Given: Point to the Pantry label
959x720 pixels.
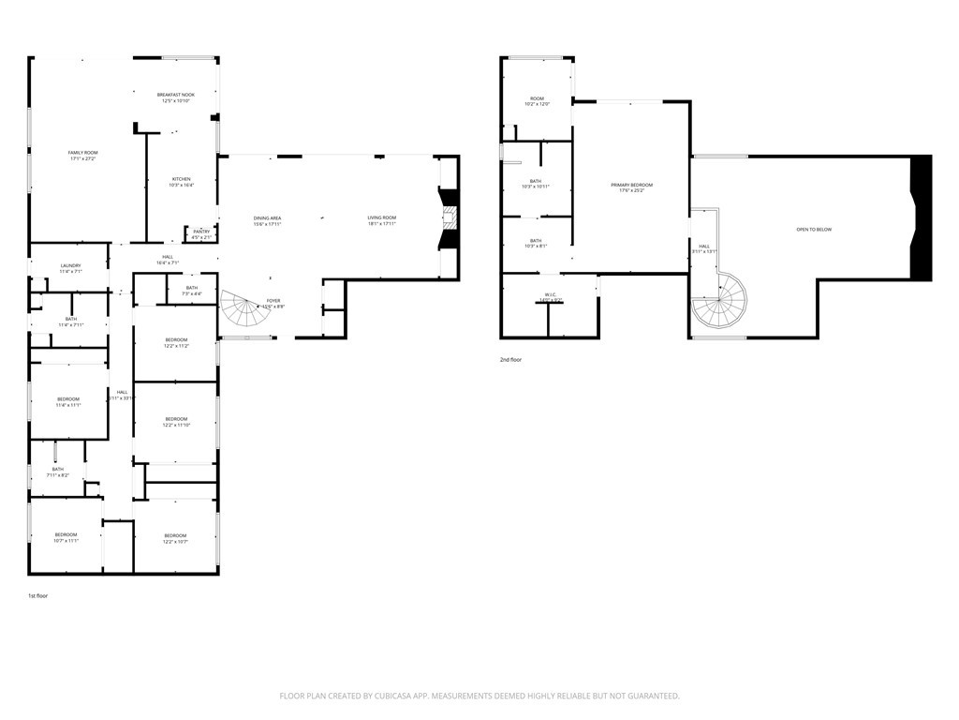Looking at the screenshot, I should pos(201,233).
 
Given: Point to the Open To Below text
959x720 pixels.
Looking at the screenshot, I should pos(813,230).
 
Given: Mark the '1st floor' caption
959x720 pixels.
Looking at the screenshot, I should pos(37,595).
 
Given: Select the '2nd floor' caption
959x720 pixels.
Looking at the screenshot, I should pos(510,359).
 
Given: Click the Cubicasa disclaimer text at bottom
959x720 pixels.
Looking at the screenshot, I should pos(479,696).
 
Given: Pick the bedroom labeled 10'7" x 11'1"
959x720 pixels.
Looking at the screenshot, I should pos(66,537).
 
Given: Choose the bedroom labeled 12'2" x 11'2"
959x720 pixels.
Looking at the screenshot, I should pos(176,342).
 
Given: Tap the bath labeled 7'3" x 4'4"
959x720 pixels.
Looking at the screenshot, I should pos(191,291).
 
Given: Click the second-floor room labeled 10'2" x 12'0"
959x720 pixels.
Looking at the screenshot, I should pos(537,101).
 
